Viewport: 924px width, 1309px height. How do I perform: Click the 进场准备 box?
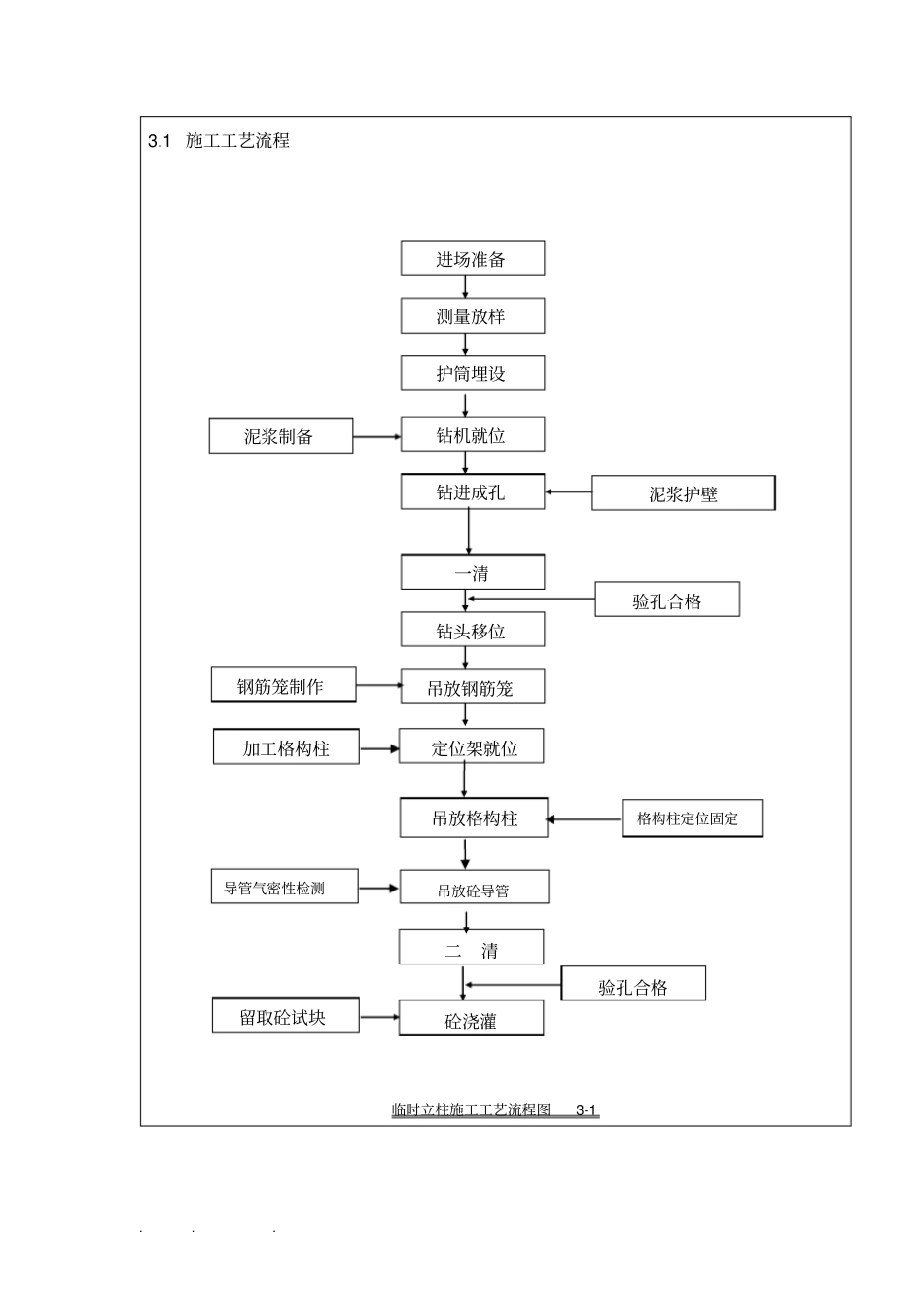pyautogui.click(x=472, y=259)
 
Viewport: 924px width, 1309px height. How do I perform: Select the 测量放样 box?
pyautogui.click(x=472, y=316)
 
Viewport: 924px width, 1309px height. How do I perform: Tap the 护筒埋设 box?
pyautogui.click(x=472, y=374)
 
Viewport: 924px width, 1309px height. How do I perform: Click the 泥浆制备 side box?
pyautogui.click(x=280, y=436)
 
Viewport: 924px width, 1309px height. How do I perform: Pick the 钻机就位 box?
pyautogui.click(x=472, y=435)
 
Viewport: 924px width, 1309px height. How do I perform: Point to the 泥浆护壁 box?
pyautogui.click(x=683, y=493)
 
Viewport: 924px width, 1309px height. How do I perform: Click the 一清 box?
pyautogui.click(x=472, y=572)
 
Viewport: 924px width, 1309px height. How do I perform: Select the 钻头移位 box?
pyautogui.click(x=472, y=631)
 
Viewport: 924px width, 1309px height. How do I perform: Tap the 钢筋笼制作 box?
pyautogui.click(x=283, y=685)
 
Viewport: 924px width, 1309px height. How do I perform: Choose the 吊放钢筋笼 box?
pyautogui.click(x=472, y=687)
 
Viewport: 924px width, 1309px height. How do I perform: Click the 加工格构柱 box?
pyautogui.click(x=286, y=747)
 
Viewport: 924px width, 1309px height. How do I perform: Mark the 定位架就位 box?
pyautogui.click(x=472, y=747)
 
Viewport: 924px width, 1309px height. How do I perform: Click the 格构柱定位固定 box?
pyautogui.click(x=692, y=818)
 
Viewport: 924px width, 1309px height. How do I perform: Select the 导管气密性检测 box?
pyautogui.click(x=284, y=888)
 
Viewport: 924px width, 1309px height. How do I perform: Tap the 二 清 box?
pyautogui.click(x=471, y=949)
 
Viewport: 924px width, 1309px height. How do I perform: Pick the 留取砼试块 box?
pyautogui.click(x=285, y=1016)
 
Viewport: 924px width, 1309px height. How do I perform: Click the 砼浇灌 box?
pyautogui.click(x=471, y=1019)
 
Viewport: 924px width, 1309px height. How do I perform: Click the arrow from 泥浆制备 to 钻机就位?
pyautogui.click(x=376, y=436)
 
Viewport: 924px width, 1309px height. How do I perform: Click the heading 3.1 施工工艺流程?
pyautogui.click(x=219, y=141)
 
